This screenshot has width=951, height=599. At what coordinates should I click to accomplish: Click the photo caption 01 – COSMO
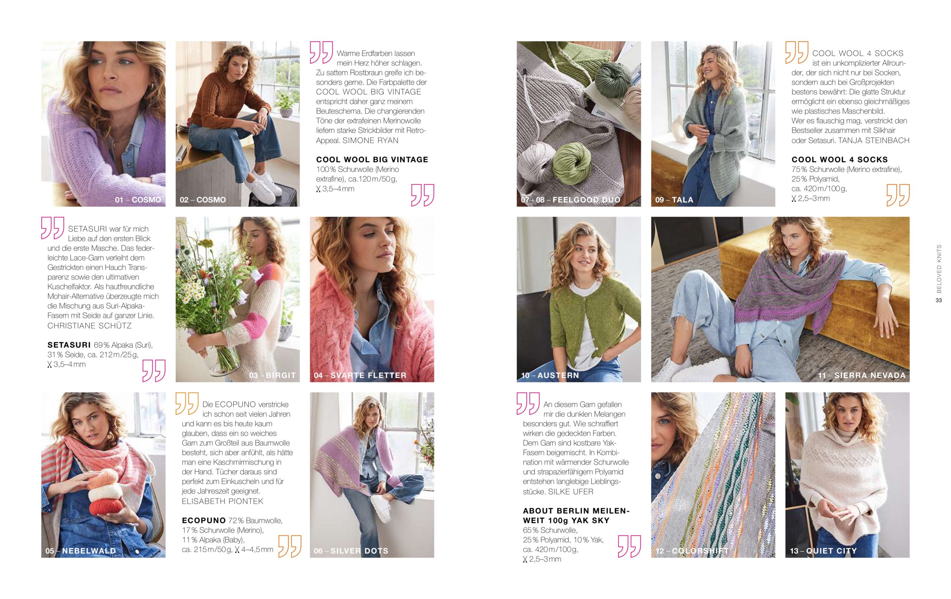138,200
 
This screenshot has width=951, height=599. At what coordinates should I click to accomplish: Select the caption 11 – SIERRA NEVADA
862,375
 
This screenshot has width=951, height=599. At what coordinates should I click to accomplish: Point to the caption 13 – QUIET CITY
824,551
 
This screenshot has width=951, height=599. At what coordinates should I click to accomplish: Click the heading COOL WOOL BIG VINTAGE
372,160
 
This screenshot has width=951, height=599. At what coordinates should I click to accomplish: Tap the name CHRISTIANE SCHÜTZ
89,325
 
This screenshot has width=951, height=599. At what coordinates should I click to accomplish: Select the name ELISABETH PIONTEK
223,501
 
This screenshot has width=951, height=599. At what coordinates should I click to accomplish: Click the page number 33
939,300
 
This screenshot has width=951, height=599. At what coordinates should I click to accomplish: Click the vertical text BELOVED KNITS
939,269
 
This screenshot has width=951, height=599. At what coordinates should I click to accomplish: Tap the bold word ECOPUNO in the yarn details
204,520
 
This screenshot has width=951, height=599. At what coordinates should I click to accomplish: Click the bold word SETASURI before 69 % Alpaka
69,345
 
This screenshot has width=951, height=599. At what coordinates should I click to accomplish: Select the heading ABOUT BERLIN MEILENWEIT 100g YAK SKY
576,516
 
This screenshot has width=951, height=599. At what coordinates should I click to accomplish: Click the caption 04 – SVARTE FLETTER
360,375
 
